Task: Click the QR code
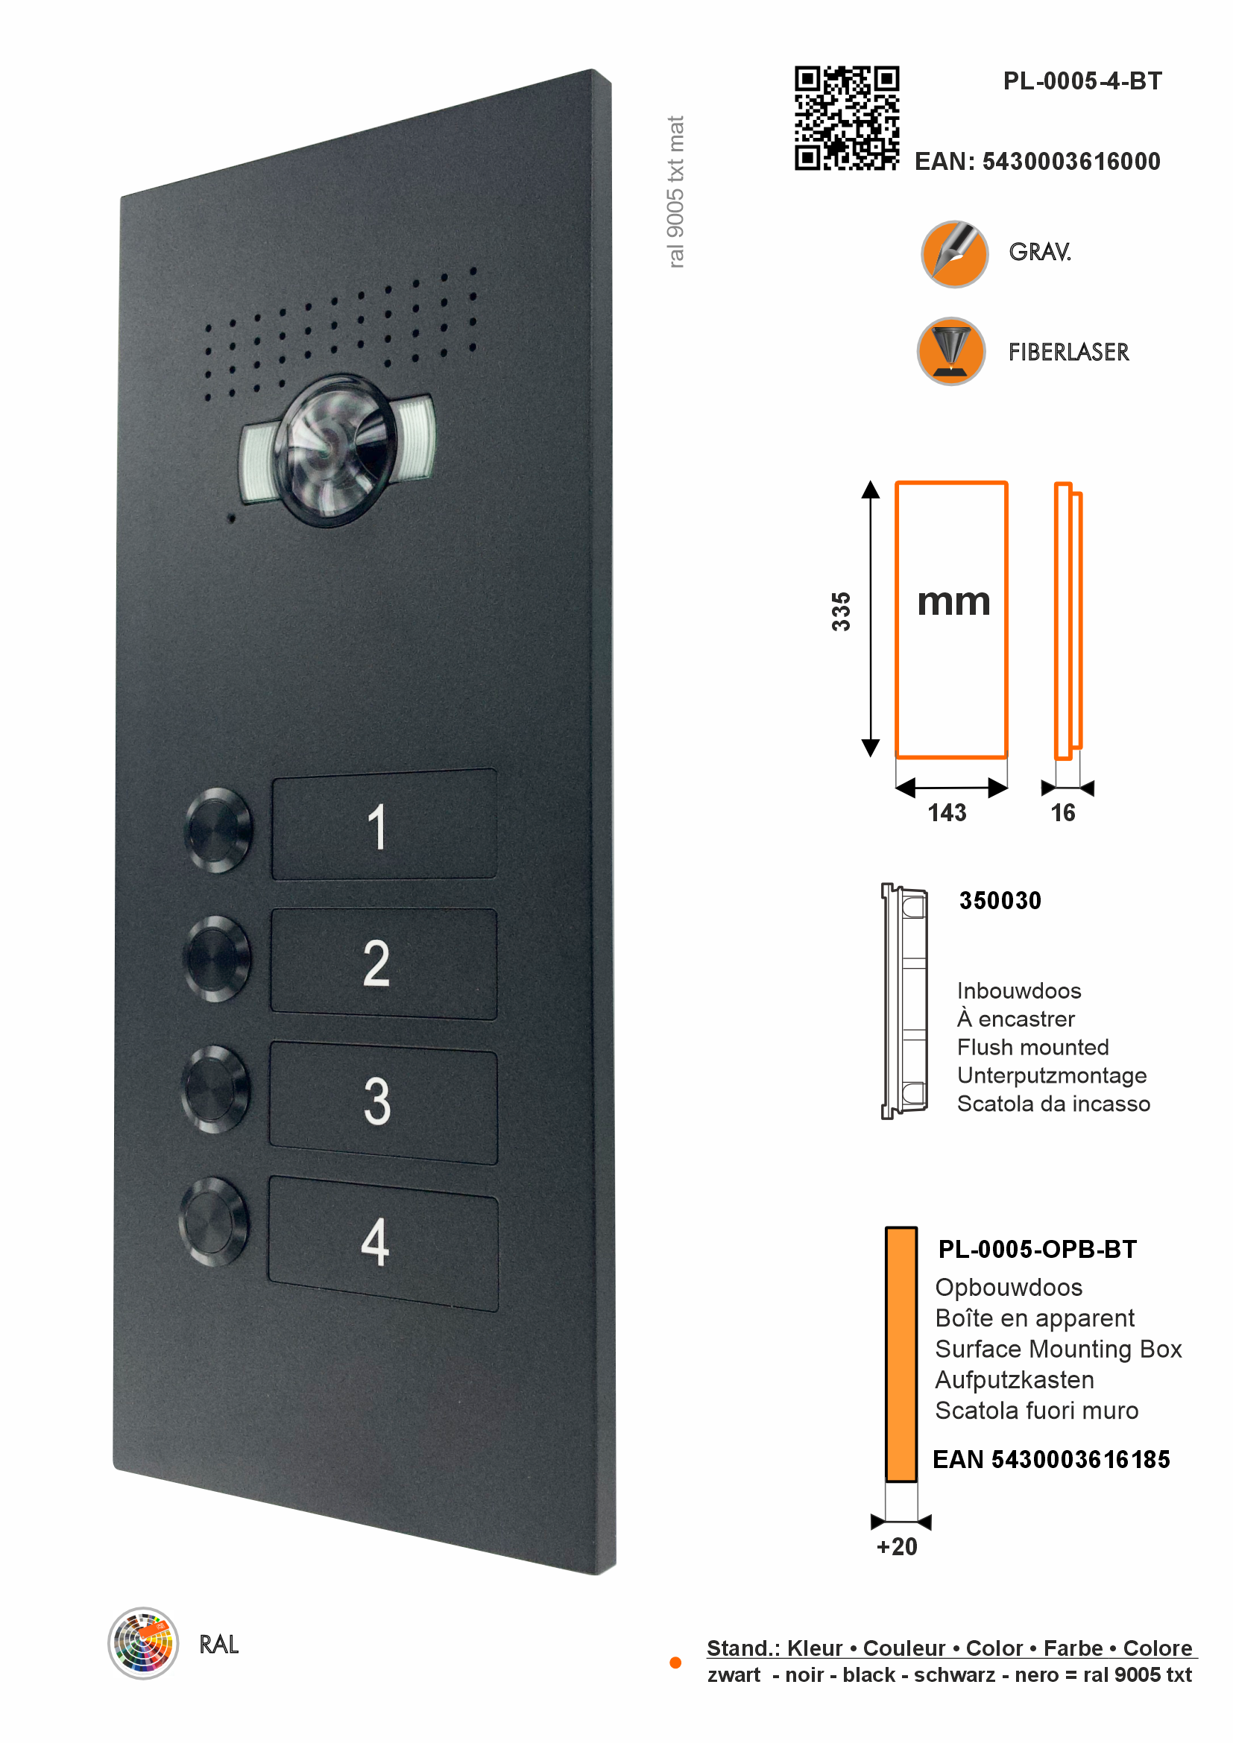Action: (847, 118)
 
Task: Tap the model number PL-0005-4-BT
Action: (1082, 81)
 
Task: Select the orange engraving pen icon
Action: (953, 253)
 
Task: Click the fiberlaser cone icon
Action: (950, 351)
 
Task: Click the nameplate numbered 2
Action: (383, 964)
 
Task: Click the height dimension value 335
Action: (840, 611)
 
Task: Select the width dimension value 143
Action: (947, 813)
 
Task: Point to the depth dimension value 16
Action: (1062, 813)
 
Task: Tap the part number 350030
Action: (1000, 900)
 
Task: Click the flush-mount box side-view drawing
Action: (904, 1001)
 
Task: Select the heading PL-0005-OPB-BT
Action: (1037, 1250)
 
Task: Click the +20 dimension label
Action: (897, 1546)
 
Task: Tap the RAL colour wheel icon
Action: (143, 1643)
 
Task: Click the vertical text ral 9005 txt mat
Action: (675, 192)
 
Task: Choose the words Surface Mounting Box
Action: (1059, 1349)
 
